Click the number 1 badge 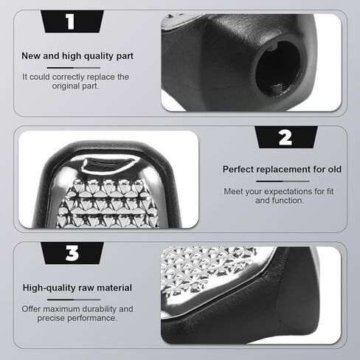tap(70, 21)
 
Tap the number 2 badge tap(285, 137)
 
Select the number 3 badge tap(72, 254)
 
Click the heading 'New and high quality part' tap(77, 55)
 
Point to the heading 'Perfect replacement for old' tap(283, 170)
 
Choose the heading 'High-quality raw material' tap(77, 288)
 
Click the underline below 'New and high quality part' tap(77, 66)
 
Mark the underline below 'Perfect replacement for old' tap(283, 181)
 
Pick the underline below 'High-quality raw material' tap(77, 298)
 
